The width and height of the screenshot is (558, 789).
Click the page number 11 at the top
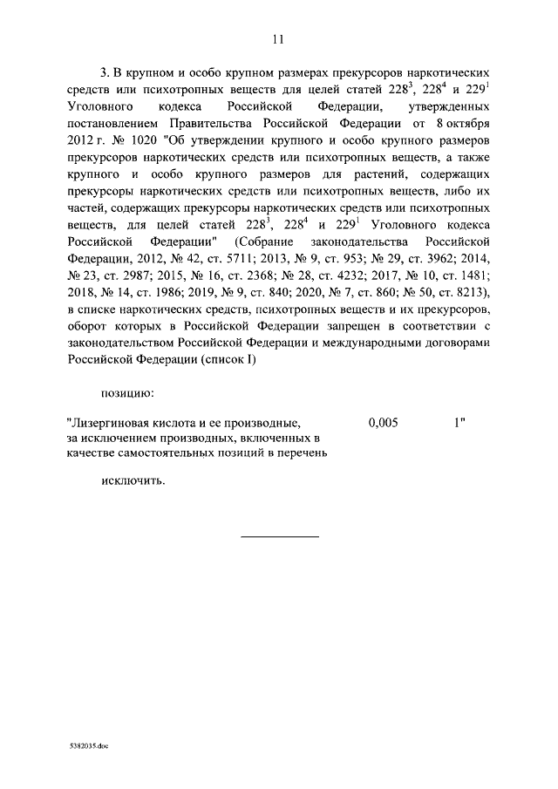pos(278,38)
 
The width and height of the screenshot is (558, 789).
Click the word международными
pos(382,342)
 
